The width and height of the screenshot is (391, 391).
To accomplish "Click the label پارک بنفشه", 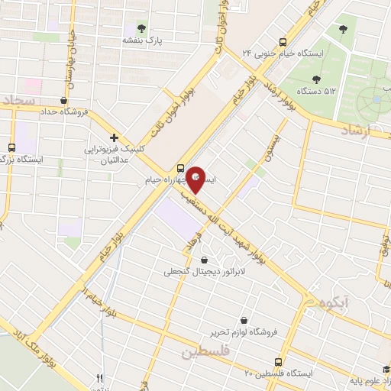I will point(141,40).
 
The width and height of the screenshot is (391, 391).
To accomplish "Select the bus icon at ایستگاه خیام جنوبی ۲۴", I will point(283,43).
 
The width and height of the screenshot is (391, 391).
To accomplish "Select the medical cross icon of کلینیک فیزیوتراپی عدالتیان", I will point(114,137).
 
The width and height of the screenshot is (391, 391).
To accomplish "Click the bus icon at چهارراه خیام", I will point(181,168).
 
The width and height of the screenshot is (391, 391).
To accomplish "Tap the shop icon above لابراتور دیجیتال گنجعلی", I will point(204,260).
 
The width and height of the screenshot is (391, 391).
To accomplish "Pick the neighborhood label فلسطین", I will point(205,352).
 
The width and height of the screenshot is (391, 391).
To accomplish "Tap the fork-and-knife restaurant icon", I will point(99,378).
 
